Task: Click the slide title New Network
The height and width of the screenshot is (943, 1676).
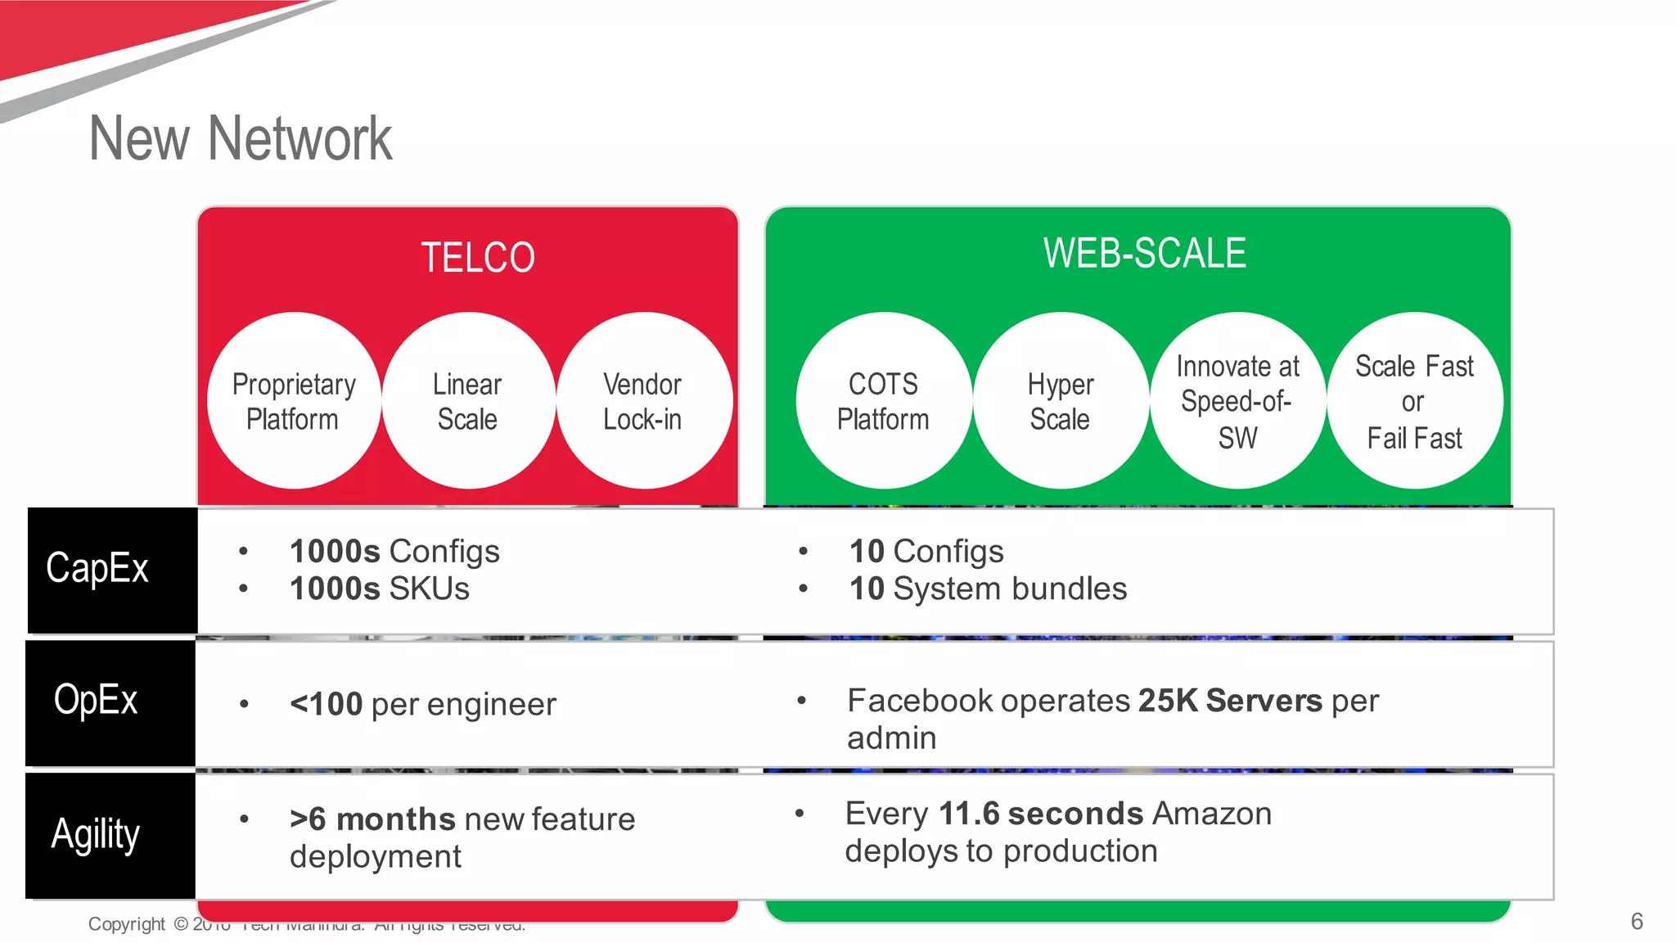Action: click(x=241, y=138)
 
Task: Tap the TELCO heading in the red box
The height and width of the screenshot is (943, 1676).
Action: click(x=478, y=257)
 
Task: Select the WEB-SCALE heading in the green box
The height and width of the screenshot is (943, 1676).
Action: click(x=1144, y=253)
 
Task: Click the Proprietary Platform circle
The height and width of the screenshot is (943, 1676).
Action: click(x=294, y=401)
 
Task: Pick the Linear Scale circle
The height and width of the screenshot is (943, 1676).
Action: click(x=468, y=401)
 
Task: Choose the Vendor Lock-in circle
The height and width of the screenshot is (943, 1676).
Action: click(x=643, y=401)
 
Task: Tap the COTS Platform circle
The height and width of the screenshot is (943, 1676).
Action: click(x=883, y=401)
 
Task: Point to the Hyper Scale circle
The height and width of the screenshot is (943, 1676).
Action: click(x=1061, y=401)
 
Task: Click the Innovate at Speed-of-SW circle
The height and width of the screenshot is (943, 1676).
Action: click(x=1237, y=401)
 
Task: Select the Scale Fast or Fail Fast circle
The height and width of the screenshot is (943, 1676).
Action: click(x=1415, y=401)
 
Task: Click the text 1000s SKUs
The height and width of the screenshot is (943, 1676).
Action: click(x=380, y=589)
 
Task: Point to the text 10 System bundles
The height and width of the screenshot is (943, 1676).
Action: click(x=988, y=589)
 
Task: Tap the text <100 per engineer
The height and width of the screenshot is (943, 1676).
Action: click(x=422, y=704)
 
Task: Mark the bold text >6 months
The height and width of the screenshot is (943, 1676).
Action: click(x=372, y=819)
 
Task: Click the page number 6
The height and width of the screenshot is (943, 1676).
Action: click(x=1636, y=922)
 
